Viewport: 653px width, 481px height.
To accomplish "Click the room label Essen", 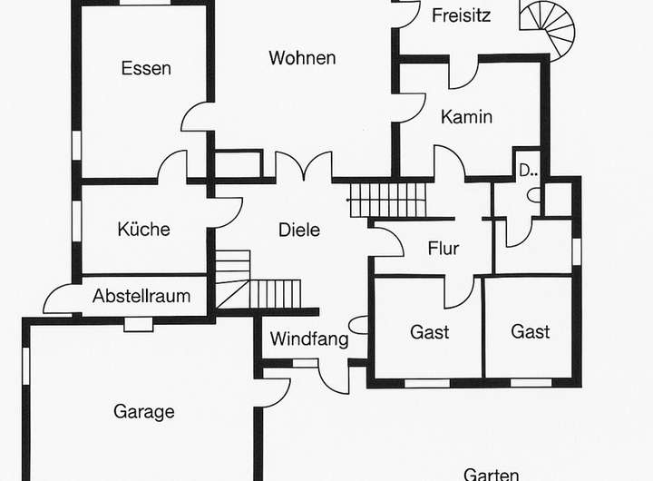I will (x=146, y=69).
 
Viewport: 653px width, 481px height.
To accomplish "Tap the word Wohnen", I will (x=302, y=58).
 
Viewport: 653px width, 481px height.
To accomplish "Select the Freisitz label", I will (x=462, y=15).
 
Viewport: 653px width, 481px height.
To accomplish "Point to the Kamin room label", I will (x=466, y=116).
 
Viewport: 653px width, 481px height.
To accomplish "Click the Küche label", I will (x=143, y=230).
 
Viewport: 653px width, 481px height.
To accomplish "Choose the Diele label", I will (x=298, y=230).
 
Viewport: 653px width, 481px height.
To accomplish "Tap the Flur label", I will (x=443, y=249).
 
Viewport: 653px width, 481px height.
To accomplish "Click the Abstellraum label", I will (x=141, y=296).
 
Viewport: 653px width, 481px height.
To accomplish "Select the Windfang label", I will (x=309, y=340).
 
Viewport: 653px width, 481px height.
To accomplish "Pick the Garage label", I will (x=143, y=411).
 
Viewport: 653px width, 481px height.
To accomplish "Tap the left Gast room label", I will (x=429, y=332).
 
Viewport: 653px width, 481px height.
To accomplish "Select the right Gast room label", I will (x=530, y=332).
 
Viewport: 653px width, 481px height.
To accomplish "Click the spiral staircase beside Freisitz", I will (x=550, y=25).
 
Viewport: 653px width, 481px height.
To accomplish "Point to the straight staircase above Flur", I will (x=387, y=199).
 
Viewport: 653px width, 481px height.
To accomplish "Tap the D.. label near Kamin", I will (x=528, y=170).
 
